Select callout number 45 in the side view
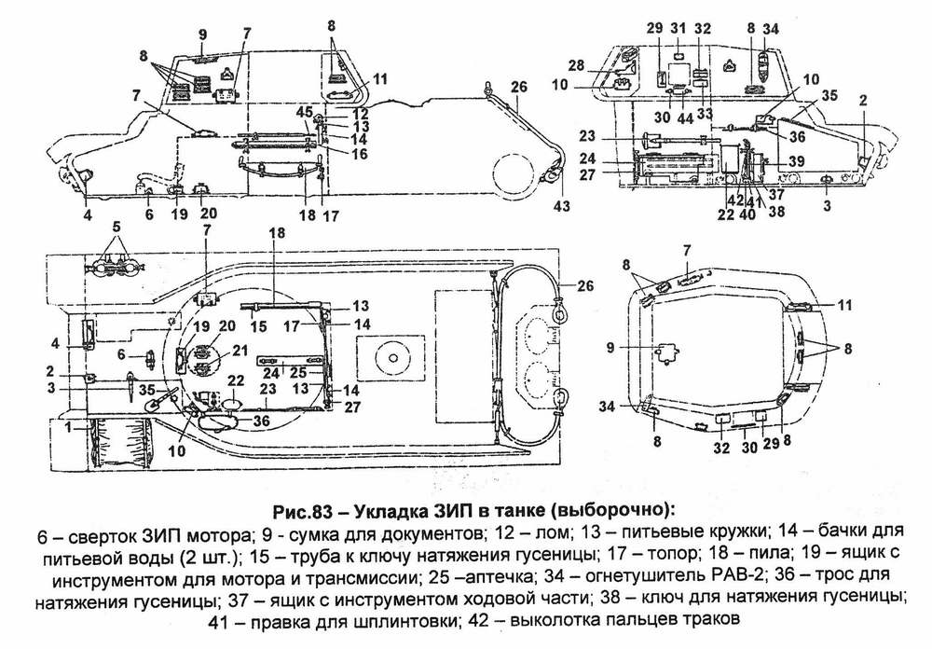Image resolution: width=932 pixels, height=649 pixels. (x=303, y=112)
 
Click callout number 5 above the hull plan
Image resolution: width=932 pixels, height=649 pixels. (x=116, y=227)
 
